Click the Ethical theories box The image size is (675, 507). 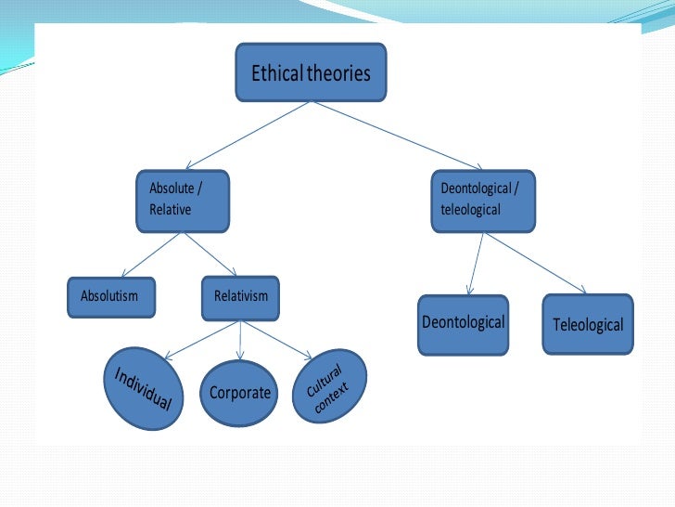(311, 71)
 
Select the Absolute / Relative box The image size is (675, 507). (183, 200)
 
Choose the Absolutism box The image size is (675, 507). (110, 296)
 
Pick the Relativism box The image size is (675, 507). (240, 296)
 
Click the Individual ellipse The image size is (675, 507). (144, 389)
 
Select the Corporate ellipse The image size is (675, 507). (239, 392)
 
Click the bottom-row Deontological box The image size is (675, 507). (463, 324)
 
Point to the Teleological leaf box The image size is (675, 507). (588, 324)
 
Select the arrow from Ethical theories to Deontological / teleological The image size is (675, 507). (376, 135)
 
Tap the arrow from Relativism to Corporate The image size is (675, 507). (240, 339)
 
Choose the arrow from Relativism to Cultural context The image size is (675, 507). (278, 339)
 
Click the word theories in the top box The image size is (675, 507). (340, 72)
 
